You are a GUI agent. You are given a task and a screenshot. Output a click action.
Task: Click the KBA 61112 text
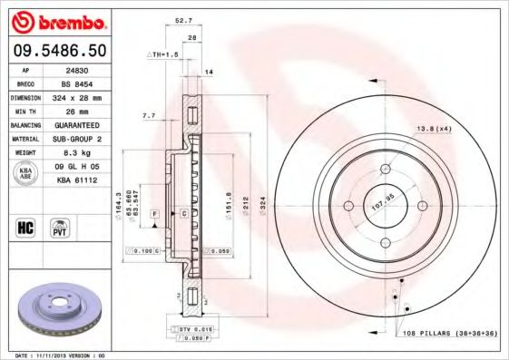[x=76, y=181]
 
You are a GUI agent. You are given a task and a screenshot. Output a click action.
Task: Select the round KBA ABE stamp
[x=24, y=173]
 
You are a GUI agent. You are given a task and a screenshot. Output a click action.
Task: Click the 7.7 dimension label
[x=149, y=116]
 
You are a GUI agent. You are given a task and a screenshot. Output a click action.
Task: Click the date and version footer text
[x=62, y=355]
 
